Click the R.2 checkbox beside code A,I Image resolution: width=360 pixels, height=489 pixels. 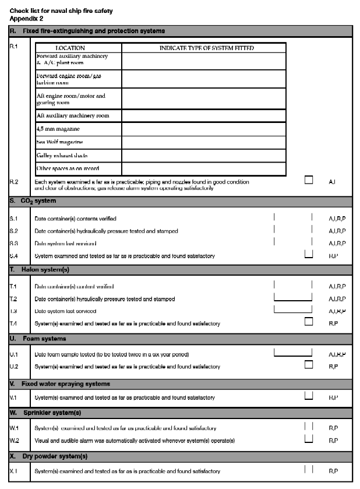(309, 180)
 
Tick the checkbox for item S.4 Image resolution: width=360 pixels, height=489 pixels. (309, 254)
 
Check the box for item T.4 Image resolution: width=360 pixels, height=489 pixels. (309, 321)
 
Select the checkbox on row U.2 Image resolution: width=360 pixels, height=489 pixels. (309, 365)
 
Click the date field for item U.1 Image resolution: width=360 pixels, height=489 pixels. (293, 353)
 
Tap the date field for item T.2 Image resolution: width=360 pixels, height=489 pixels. (293, 297)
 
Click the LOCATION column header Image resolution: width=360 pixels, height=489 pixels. (70, 48)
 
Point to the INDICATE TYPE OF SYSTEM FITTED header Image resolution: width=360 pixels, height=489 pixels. (206, 48)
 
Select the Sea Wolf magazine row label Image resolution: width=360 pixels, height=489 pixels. (59, 142)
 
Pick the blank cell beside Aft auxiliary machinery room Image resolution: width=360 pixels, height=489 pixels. (204, 115)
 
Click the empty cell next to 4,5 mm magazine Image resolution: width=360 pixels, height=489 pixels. (204, 128)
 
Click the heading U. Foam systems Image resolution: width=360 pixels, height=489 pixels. (38, 339)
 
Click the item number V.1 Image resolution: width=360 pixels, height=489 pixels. (14, 397)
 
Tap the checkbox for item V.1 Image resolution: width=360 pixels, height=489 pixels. (309, 396)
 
